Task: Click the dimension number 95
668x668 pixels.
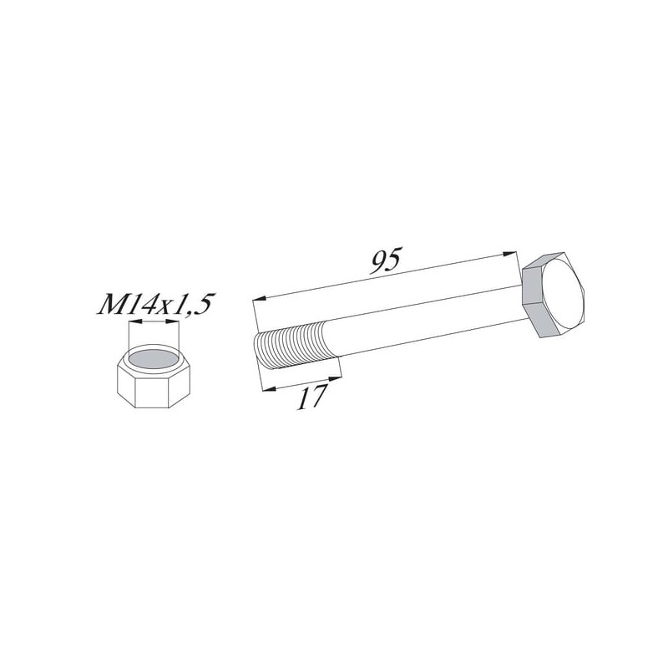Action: coord(386,261)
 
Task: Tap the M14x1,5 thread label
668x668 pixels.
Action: coord(155,304)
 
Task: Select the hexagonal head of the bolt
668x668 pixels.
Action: coord(554,295)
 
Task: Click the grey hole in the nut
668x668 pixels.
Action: coord(154,359)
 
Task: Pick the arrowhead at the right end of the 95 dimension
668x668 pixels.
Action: coord(509,254)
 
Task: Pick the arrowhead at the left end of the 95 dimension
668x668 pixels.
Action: coord(260,298)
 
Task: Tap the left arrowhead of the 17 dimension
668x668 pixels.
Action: coord(269,387)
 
